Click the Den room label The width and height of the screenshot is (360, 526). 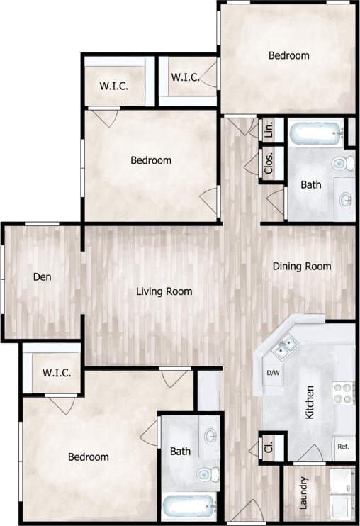click(43, 277)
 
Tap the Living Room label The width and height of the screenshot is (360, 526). click(164, 291)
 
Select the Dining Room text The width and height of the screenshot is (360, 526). click(303, 267)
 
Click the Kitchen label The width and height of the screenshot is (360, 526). click(310, 403)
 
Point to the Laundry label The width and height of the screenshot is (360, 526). click(303, 493)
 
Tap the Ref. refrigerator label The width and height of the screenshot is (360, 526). click(343, 447)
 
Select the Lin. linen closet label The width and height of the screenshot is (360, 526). click(269, 130)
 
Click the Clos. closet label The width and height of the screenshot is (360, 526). click(269, 164)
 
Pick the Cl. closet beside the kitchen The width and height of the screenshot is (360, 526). click(269, 447)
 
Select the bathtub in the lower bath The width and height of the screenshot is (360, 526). click(189, 506)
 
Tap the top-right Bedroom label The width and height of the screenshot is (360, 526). click(289, 55)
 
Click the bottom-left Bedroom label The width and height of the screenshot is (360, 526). click(89, 457)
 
